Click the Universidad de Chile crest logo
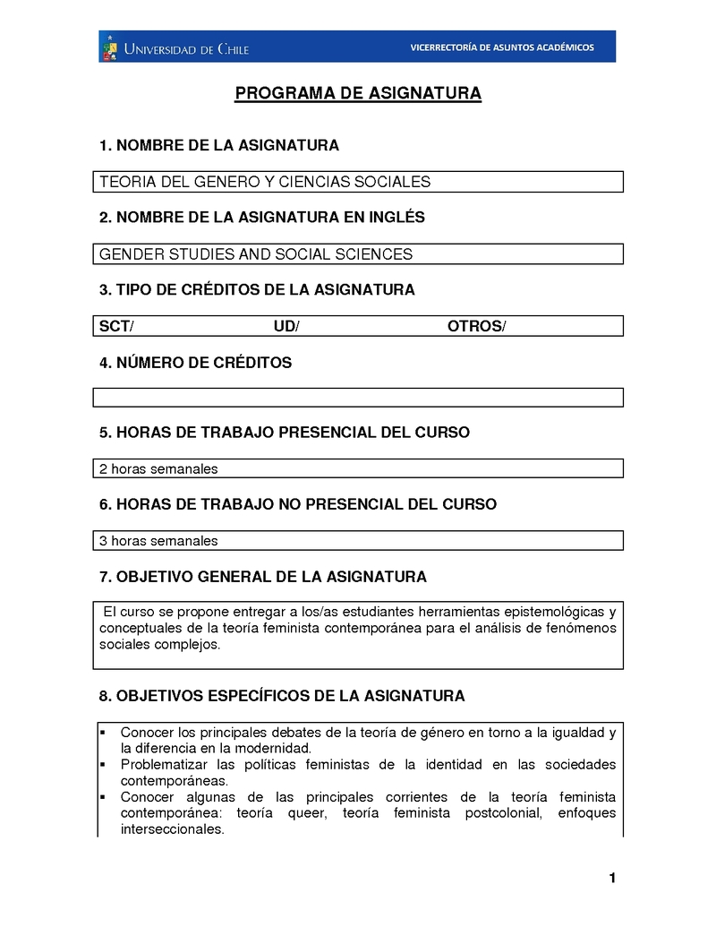110,47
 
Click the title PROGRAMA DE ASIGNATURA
358,93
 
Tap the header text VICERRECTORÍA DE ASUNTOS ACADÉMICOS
501,47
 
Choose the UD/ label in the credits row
286,326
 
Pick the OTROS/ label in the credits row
476,326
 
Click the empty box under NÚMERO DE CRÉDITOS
358,398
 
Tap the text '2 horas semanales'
158,468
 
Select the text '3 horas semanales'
158,541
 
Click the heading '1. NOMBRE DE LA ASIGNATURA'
219,145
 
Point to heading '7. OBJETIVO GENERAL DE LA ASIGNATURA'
263,576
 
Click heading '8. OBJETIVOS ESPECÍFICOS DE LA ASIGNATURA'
282,696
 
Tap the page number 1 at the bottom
612,878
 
